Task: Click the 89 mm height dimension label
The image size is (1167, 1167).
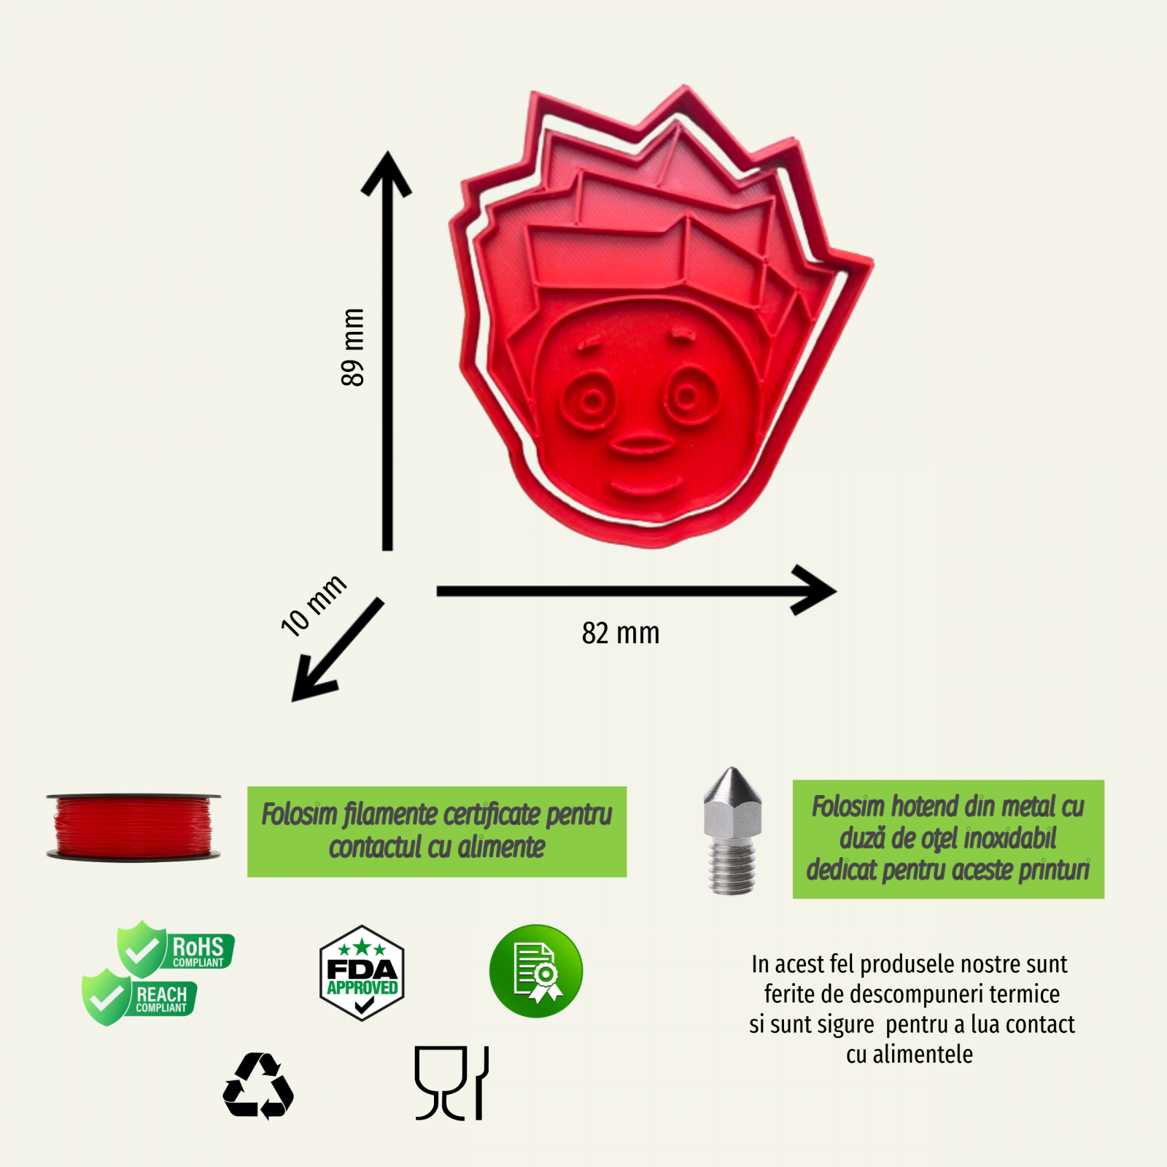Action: click(352, 347)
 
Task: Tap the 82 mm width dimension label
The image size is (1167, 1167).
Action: click(621, 633)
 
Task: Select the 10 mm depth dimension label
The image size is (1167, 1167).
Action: click(314, 605)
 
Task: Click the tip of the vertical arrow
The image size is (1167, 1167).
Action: click(387, 157)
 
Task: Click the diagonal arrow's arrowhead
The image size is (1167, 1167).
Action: click(303, 689)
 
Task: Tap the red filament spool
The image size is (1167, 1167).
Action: click(133, 827)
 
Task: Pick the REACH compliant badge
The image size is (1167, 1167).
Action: click(139, 997)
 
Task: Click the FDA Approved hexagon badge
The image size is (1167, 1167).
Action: click(362, 973)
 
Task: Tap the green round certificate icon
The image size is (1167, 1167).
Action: click(536, 971)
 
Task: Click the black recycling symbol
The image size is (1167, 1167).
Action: click(258, 1086)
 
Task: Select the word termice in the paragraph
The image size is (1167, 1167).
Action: click(1024, 994)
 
